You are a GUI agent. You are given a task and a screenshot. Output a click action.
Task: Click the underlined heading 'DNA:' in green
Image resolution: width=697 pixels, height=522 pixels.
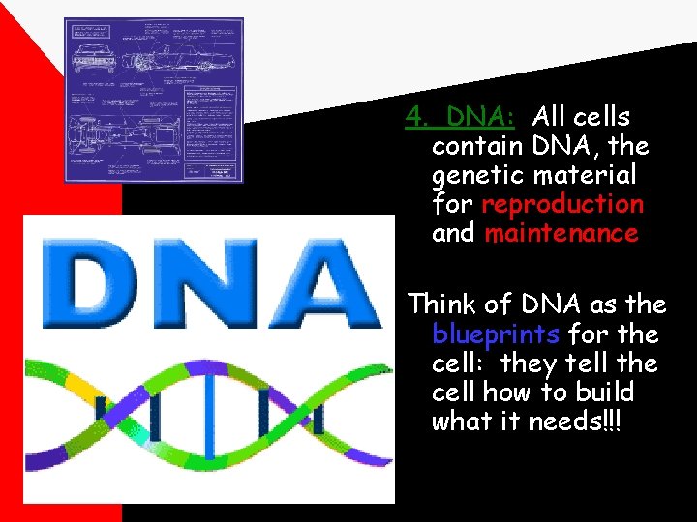pyautogui.click(x=488, y=117)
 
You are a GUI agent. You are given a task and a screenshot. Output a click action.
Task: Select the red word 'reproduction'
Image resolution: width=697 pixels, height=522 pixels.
pyautogui.click(x=561, y=204)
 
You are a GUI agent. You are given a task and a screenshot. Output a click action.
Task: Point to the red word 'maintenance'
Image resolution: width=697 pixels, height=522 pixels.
pyautogui.click(x=561, y=233)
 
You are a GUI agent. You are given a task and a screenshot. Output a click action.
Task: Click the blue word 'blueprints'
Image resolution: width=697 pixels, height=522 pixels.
pyautogui.click(x=496, y=334)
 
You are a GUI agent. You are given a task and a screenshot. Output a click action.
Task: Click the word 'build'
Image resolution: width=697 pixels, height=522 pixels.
pyautogui.click(x=603, y=392)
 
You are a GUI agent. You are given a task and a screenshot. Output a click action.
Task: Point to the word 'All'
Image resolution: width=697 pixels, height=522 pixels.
pyautogui.click(x=549, y=117)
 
